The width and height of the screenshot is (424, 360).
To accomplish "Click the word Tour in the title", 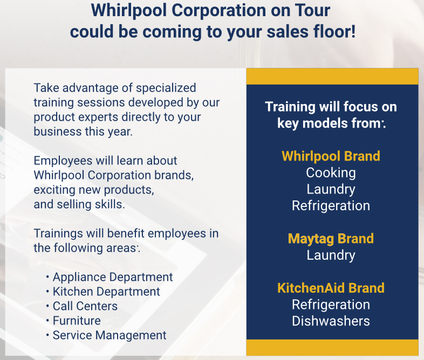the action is click(x=312, y=11).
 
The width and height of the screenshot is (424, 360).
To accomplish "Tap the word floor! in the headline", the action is click(x=334, y=32).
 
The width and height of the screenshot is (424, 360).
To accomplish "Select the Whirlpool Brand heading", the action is click(x=331, y=156).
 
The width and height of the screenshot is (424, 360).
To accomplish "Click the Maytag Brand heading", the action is click(x=331, y=239).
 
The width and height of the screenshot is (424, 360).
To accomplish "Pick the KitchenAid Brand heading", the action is click(x=331, y=288).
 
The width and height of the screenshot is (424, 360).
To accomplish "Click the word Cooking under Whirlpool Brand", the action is click(x=331, y=173).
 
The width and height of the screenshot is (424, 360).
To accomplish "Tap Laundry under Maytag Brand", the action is click(x=331, y=255).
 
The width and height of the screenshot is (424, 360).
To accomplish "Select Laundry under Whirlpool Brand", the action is click(x=331, y=190).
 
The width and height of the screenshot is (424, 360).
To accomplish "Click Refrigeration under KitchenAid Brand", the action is click(x=331, y=305).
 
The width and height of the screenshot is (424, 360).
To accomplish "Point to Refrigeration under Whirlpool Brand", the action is click(x=331, y=206).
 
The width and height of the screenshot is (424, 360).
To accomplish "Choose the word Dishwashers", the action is click(x=331, y=321).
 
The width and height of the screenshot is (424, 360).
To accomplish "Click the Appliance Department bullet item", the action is click(x=113, y=278).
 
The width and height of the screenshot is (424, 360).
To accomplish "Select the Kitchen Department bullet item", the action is click(x=106, y=292).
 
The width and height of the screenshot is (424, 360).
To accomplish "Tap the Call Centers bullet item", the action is click(x=85, y=307).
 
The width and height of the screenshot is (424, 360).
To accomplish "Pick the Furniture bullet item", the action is click(x=77, y=321).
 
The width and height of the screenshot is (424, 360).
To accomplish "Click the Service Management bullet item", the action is click(x=110, y=336).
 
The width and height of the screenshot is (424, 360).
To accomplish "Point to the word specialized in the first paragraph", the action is click(x=166, y=88).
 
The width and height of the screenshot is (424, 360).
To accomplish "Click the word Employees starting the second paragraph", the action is click(x=63, y=161).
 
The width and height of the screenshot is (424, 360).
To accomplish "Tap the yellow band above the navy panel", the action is click(x=332, y=77).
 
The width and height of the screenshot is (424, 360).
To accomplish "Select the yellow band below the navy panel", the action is click(x=332, y=348).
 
